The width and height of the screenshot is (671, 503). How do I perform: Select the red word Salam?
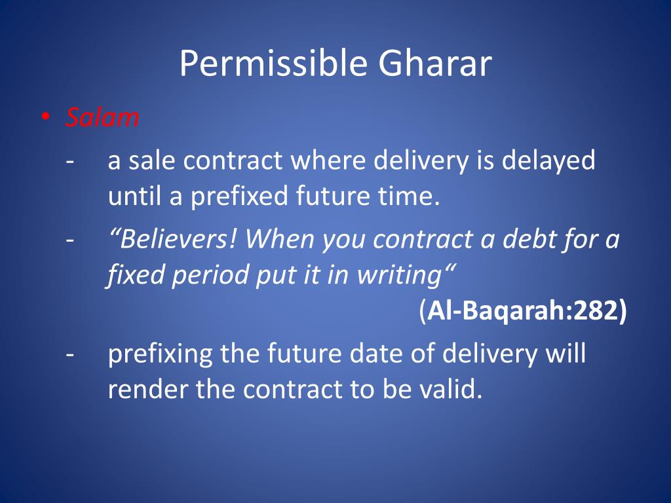point(102,118)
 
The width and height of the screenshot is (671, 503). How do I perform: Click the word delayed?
point(548,160)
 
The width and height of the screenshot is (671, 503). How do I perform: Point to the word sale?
point(153,160)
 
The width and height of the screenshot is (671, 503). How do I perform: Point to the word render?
point(148,390)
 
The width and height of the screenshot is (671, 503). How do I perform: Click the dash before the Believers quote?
point(70,241)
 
